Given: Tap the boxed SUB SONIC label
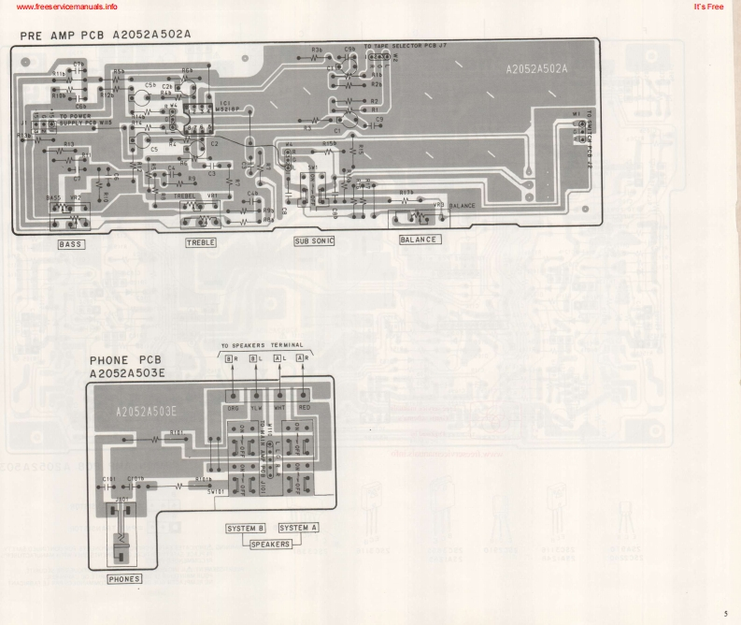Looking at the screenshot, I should click(x=314, y=240).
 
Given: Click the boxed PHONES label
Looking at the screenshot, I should click(x=124, y=579).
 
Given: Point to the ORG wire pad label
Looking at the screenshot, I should click(x=233, y=409).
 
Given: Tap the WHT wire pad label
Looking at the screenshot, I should click(x=280, y=409).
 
